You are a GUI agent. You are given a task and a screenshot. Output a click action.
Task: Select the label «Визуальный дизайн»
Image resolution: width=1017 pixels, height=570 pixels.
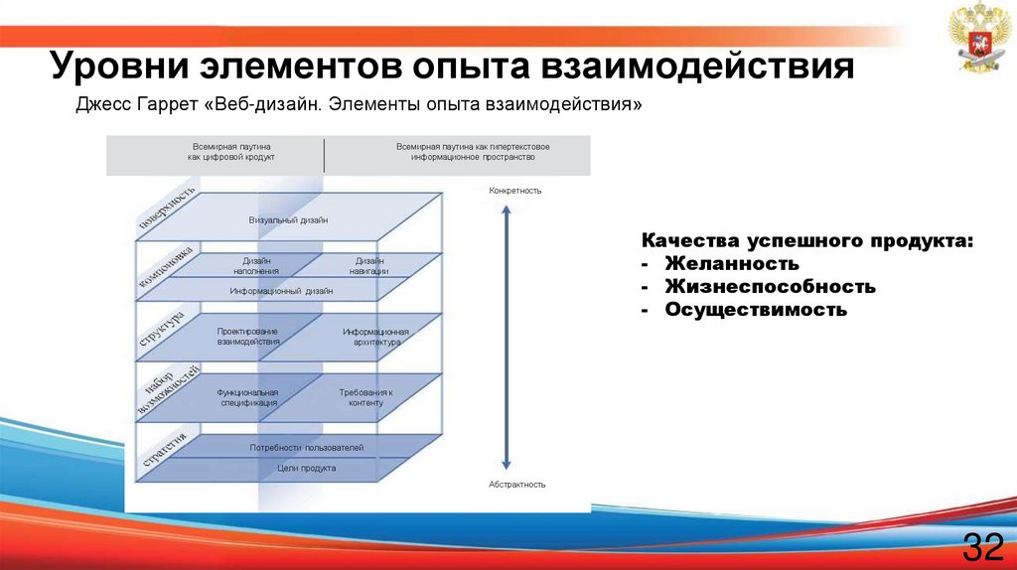(x=288, y=219)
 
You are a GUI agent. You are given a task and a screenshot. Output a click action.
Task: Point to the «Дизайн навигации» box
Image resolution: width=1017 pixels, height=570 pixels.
(x=368, y=265)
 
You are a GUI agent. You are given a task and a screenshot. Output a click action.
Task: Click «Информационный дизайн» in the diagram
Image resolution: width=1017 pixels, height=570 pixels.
(x=281, y=291)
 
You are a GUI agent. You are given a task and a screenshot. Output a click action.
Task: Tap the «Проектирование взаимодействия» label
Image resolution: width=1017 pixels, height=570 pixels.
(x=247, y=336)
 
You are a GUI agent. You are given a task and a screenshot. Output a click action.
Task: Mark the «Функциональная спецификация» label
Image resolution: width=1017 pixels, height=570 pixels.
(x=247, y=398)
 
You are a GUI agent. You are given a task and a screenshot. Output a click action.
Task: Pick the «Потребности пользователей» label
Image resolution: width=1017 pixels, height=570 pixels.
(x=307, y=448)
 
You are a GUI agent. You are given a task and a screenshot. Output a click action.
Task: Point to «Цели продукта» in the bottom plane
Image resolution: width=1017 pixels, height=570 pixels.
(x=307, y=467)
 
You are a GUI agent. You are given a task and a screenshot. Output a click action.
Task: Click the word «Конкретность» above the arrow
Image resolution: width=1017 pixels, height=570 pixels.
(x=515, y=190)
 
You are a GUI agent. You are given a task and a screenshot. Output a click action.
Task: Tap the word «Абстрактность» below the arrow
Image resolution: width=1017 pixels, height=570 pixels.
(x=517, y=485)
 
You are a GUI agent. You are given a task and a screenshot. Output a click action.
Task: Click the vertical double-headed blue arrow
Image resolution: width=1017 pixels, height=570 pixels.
(x=507, y=337)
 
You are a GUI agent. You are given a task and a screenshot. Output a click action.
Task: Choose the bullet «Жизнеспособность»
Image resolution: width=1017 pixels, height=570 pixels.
(x=770, y=287)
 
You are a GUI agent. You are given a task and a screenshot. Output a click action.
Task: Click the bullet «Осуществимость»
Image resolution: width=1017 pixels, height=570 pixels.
(x=756, y=310)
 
